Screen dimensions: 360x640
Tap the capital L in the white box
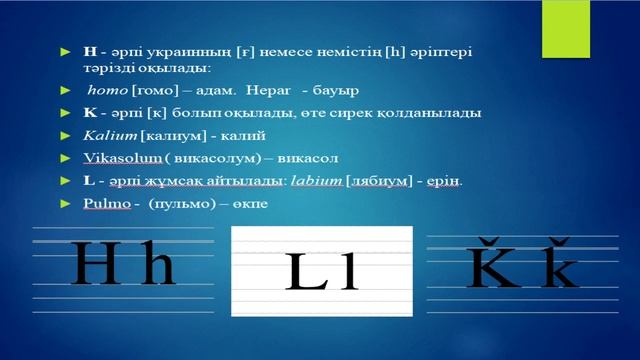pos(308,272)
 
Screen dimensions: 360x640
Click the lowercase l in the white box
pos(348,272)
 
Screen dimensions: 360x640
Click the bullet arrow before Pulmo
pos(66,203)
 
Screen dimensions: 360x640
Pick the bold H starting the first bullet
pos(90,48)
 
